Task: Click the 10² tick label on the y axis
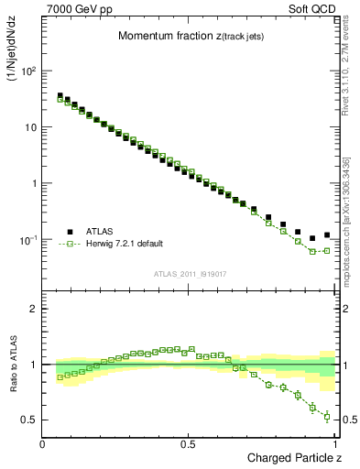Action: [x=29, y=71]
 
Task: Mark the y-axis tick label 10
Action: [x=31, y=127]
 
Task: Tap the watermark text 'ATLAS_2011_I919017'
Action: [x=190, y=273]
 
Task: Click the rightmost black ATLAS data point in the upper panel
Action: [x=327, y=234]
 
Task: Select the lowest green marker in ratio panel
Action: [x=327, y=417]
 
